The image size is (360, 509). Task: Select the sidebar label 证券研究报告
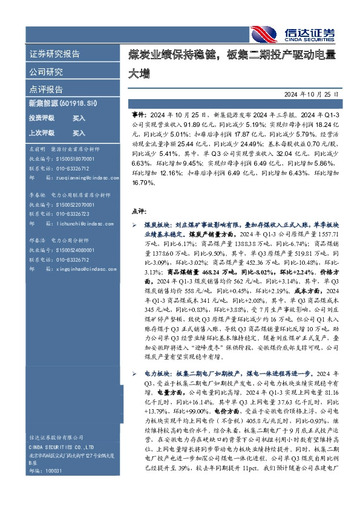[54, 54]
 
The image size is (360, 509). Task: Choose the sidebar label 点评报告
[46, 89]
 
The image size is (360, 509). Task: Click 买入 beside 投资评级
[79, 118]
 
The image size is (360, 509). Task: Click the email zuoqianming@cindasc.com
[75, 178]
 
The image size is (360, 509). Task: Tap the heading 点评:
[139, 211]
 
